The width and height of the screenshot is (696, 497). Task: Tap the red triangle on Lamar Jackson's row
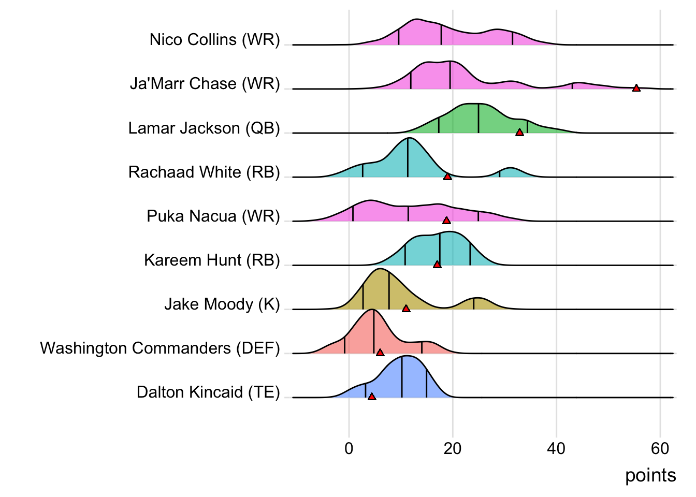pyautogui.click(x=519, y=133)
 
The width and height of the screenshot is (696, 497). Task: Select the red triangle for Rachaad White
pyautogui.click(x=447, y=177)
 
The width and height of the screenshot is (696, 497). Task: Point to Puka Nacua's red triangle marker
pyautogui.click(x=446, y=221)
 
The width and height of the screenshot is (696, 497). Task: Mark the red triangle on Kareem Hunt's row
pyautogui.click(x=437, y=265)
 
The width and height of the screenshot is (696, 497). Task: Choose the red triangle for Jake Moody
pyautogui.click(x=406, y=309)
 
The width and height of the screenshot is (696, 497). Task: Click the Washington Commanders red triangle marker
pyautogui.click(x=380, y=353)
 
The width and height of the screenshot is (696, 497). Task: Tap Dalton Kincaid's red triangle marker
pyautogui.click(x=371, y=397)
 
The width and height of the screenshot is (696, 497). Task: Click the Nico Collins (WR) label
pyautogui.click(x=214, y=39)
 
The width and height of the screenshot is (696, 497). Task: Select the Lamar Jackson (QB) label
pyautogui.click(x=204, y=128)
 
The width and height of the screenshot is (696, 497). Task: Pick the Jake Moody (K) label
pyautogui.click(x=222, y=304)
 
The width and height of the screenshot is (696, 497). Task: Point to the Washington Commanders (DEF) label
pyautogui.click(x=160, y=348)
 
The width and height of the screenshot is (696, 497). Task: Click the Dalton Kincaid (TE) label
pyautogui.click(x=208, y=392)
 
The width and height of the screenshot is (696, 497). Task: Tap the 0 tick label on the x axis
pyautogui.click(x=349, y=448)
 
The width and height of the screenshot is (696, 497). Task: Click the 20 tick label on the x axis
pyautogui.click(x=453, y=448)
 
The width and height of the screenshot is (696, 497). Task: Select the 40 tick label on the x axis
pyautogui.click(x=556, y=448)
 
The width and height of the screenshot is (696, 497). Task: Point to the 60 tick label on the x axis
pyautogui.click(x=660, y=448)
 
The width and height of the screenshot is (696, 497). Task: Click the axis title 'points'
pyautogui.click(x=650, y=475)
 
